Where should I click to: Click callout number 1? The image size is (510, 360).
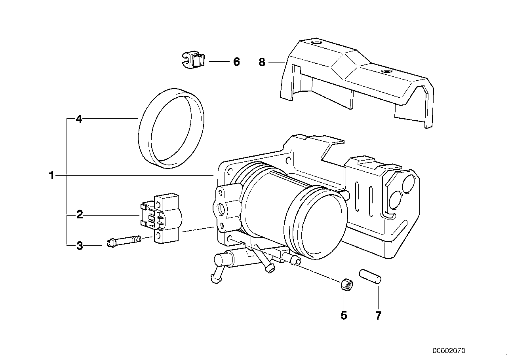[52, 175]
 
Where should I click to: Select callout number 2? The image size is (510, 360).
[80, 215]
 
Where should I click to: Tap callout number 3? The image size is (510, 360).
[80, 246]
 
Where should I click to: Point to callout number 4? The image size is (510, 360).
[79, 119]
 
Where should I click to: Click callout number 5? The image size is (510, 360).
[344, 315]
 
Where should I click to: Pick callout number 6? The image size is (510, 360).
[236, 62]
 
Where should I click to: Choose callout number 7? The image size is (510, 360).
[378, 315]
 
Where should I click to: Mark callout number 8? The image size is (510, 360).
[262, 62]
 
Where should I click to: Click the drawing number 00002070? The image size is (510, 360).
[449, 351]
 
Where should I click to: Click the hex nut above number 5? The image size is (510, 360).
[347, 285]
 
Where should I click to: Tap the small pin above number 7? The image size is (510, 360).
[370, 276]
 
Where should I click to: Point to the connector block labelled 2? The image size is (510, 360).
[161, 218]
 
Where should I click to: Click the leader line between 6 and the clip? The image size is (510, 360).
[219, 61]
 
